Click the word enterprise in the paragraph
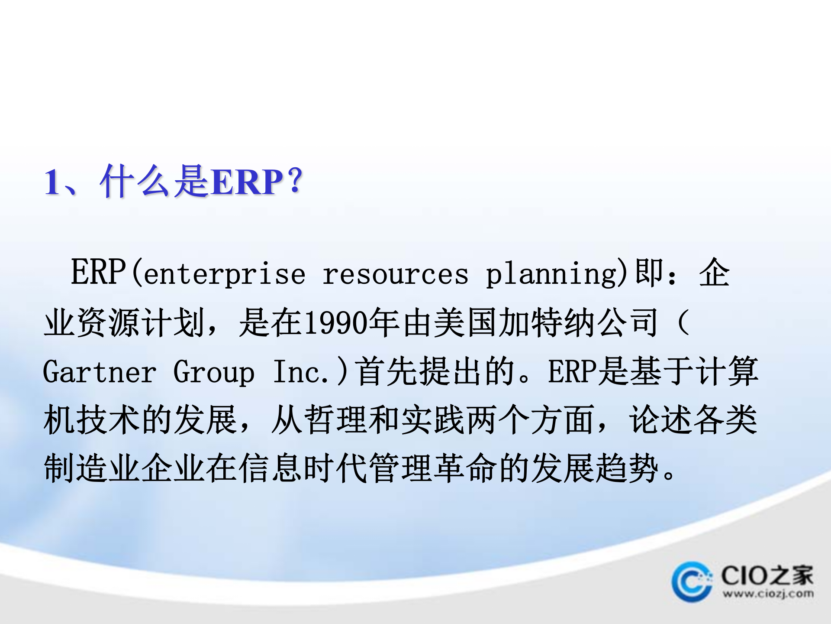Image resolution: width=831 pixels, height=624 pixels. [x=224, y=274]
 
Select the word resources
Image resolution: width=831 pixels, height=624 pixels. [x=395, y=274]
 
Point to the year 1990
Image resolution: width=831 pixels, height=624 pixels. [x=335, y=323]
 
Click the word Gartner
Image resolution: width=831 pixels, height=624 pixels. [x=100, y=372]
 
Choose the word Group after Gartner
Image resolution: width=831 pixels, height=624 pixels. [x=214, y=372]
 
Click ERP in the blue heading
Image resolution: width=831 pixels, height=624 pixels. [x=248, y=182]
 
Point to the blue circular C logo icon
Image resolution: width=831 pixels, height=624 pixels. [x=691, y=582]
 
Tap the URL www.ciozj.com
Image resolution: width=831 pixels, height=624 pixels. [x=768, y=593]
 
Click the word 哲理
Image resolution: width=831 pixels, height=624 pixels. [x=336, y=420]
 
